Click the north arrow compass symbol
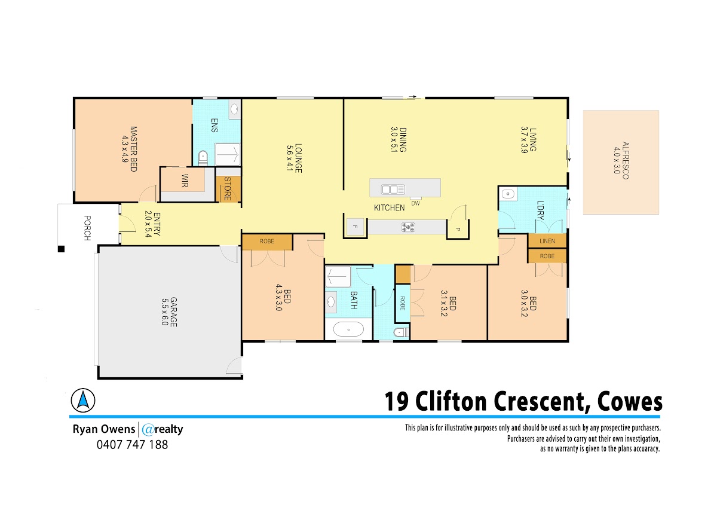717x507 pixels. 83,401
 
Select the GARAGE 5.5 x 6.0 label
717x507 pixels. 169,312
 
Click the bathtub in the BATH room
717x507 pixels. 348,329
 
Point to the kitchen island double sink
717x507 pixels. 393,190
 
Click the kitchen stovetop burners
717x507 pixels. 408,227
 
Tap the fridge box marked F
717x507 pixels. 356,227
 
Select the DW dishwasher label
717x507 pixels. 415,203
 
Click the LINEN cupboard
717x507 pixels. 547,241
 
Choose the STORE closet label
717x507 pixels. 228,189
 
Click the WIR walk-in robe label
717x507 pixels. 185,181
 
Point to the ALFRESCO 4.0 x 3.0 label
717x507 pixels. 621,160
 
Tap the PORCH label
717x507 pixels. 87,228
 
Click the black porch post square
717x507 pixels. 61,249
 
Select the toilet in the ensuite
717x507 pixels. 203,158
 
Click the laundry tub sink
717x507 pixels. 508,194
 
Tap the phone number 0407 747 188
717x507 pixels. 132,445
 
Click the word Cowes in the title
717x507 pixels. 630,402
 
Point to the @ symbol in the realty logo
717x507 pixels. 148,429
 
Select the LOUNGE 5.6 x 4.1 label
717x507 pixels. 294,158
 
